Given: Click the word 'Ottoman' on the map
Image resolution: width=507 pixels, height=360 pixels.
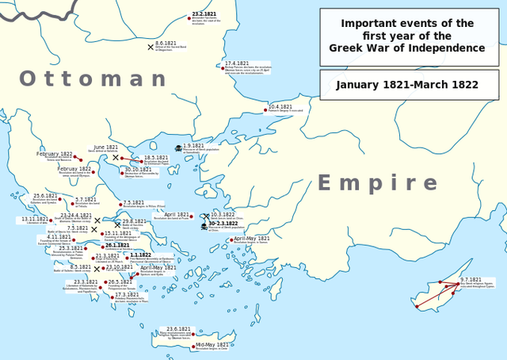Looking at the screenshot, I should (93, 79).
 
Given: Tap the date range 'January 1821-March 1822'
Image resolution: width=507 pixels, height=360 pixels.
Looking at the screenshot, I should (409, 85).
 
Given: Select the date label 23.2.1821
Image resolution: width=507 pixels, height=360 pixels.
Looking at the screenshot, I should (204, 14).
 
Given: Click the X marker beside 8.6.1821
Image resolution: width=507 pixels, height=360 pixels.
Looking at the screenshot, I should (151, 47).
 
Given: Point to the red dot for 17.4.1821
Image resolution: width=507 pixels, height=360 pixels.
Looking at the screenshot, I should (223, 67).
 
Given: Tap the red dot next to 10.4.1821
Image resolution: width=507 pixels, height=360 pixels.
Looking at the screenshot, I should (265, 110).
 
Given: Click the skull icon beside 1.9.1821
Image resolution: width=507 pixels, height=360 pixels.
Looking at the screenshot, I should (179, 148).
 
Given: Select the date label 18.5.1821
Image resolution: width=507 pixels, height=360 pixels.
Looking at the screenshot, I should (155, 157).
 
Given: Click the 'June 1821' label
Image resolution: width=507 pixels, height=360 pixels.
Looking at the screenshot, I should (105, 147).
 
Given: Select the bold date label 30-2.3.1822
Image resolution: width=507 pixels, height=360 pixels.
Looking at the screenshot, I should (223, 224).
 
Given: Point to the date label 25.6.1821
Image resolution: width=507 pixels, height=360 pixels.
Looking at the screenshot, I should (45, 195).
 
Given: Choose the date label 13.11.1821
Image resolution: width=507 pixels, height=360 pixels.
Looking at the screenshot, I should (34, 219).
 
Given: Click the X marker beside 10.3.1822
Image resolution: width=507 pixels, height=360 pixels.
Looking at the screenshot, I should (206, 216).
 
